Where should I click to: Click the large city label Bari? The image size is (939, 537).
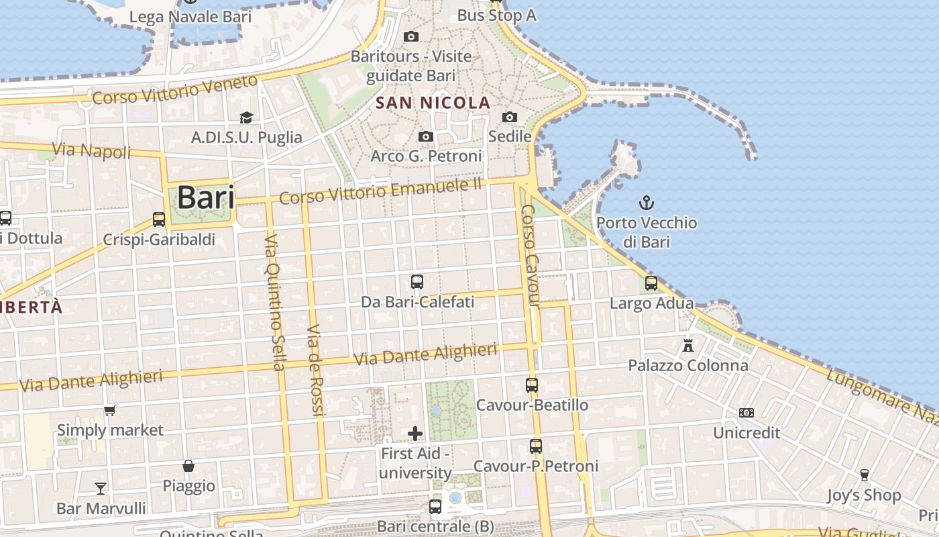[x=205, y=197]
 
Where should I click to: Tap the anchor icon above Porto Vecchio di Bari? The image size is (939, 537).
[x=647, y=202]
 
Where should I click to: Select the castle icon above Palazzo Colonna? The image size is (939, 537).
[x=687, y=346]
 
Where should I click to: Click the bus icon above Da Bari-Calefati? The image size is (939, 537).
[x=417, y=282]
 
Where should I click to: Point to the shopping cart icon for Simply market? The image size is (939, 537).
[x=110, y=410]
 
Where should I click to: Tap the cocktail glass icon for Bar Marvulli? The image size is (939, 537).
[x=101, y=488]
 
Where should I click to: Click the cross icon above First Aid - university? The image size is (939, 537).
[x=415, y=434]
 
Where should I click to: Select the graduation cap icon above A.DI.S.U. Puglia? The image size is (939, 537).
[x=246, y=117]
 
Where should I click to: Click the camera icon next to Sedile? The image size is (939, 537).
[x=510, y=117]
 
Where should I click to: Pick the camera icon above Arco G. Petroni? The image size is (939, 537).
[x=425, y=137]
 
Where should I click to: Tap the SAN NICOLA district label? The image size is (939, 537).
[x=433, y=103]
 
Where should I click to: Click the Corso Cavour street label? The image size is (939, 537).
[x=531, y=255]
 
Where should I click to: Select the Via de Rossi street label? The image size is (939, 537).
[x=315, y=371]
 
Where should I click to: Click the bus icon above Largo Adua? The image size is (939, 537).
[x=651, y=283]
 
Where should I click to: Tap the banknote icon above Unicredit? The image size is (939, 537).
[x=746, y=413]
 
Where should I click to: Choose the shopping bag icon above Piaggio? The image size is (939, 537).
[x=188, y=466]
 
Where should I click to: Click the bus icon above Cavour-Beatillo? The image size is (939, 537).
[x=532, y=385]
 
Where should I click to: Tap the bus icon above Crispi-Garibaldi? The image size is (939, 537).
[x=159, y=219]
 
